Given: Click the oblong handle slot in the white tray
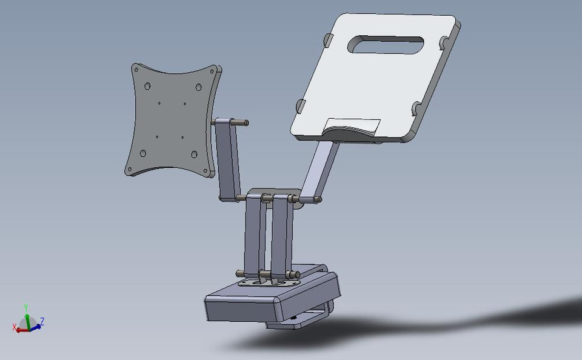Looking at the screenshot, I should pyautogui.click(x=386, y=45).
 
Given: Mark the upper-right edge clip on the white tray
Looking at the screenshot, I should pyautogui.click(x=444, y=44).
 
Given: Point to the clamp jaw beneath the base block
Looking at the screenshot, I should pyautogui.click(x=300, y=320).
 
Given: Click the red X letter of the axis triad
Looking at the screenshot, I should pyautogui.click(x=15, y=328).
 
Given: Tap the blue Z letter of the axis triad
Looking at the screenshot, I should pyautogui.click(x=43, y=321).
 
